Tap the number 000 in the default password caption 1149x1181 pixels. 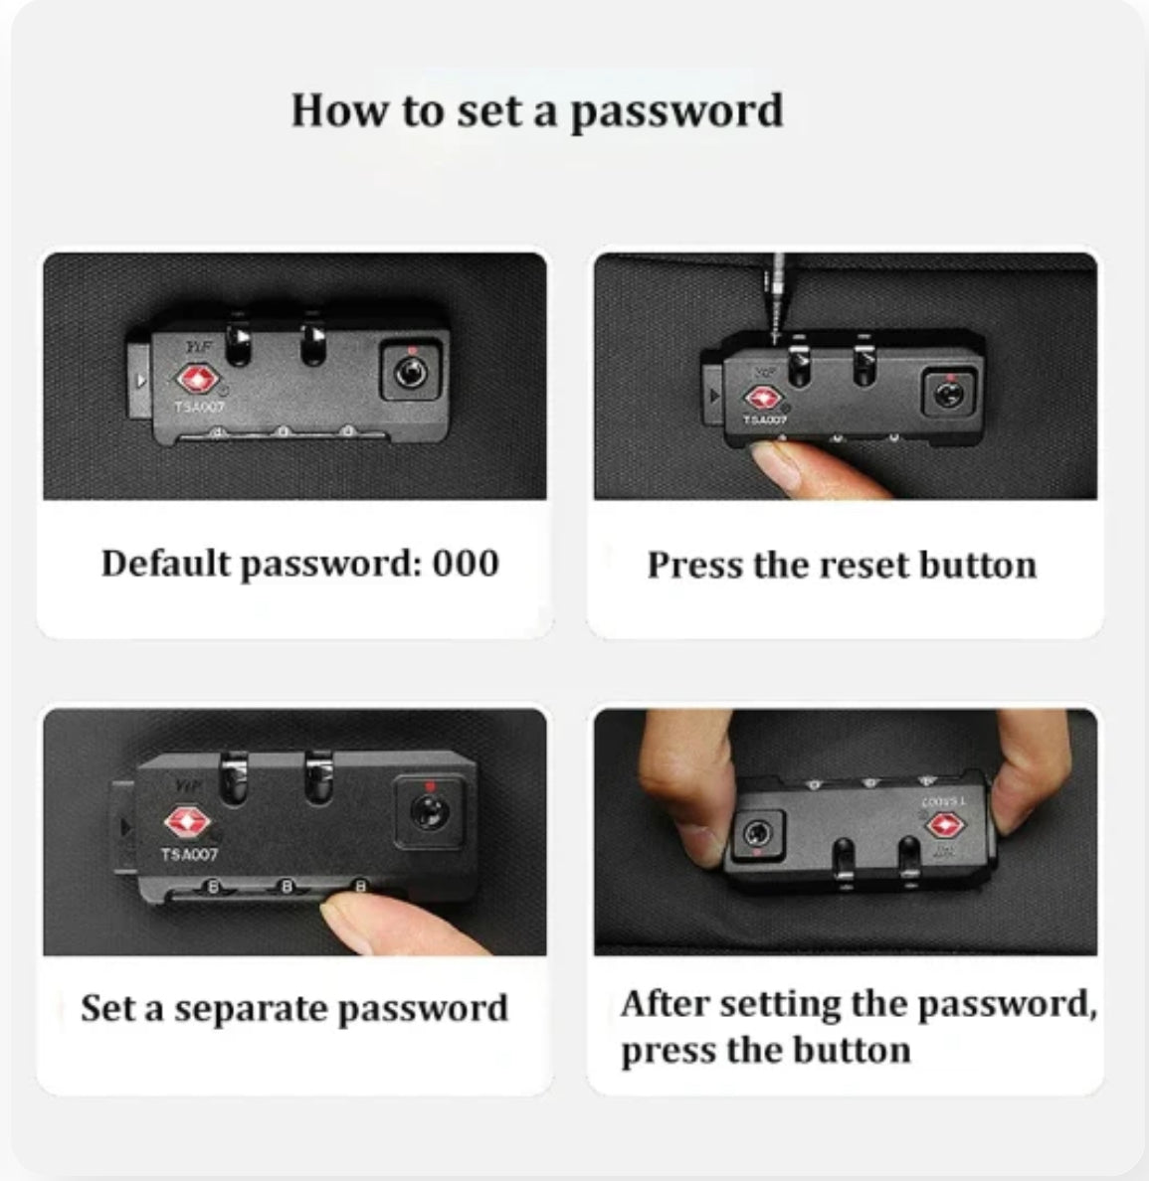coord(466,564)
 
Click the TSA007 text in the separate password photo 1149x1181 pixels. coord(189,854)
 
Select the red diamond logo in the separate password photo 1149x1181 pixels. coord(188,822)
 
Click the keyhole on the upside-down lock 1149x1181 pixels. coord(756,833)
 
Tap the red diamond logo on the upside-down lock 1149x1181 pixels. coord(945,825)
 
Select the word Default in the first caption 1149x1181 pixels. coord(166,563)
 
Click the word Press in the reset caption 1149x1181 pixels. coord(694,566)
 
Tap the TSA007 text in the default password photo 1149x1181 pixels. coord(199,407)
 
